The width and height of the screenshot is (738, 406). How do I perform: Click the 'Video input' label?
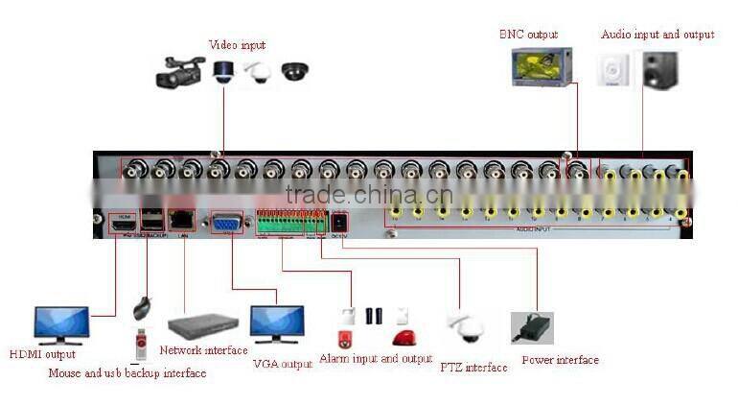click(237, 45)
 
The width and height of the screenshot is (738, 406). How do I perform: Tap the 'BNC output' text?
click(528, 35)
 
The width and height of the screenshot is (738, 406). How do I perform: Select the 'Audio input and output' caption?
click(657, 35)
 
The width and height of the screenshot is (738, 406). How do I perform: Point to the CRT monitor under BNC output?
click(541, 67)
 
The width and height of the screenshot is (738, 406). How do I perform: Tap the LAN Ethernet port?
click(182, 221)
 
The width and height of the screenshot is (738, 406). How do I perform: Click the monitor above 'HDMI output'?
click(61, 324)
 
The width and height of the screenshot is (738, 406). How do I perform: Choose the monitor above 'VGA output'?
click(277, 323)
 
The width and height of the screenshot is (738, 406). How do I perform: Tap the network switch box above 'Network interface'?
click(202, 325)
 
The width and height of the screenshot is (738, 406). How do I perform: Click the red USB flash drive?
click(142, 343)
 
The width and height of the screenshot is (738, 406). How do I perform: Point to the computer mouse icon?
click(142, 307)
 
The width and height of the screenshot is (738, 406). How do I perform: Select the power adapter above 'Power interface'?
click(532, 328)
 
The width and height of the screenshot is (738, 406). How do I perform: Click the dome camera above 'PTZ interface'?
click(467, 328)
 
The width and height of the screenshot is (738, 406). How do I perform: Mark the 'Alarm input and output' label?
click(376, 359)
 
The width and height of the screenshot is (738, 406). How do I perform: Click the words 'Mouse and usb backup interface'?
click(127, 373)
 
